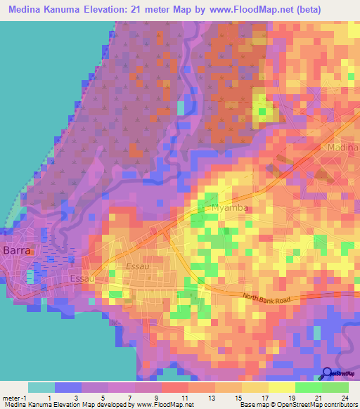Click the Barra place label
[x=16, y=250]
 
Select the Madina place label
[x=343, y=147]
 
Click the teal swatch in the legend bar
[x=41, y=387]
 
